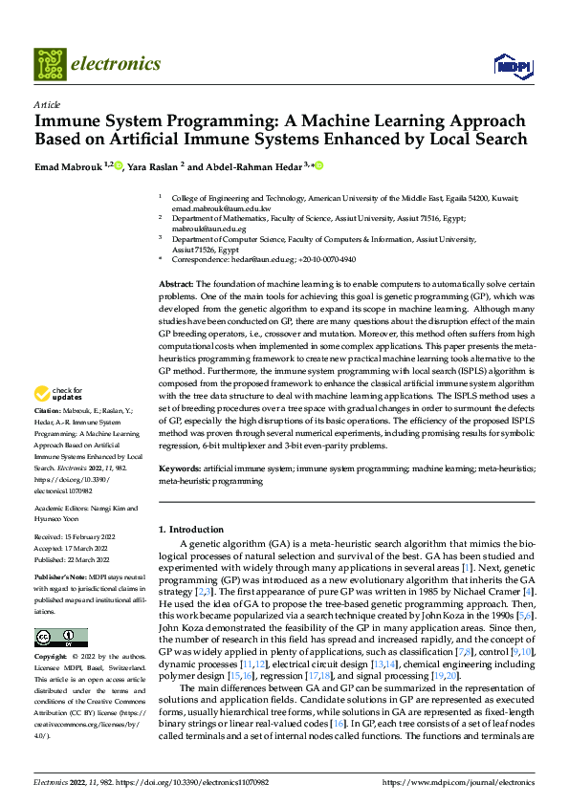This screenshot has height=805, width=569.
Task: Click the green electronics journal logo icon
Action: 49,65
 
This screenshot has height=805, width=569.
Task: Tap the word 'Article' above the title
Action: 46,104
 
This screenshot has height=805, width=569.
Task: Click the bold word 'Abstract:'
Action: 175,285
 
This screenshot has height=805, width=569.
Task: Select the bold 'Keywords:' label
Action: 179,469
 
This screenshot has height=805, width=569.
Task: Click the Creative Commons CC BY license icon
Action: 60,638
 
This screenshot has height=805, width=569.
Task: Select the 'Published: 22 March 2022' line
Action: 75,559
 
